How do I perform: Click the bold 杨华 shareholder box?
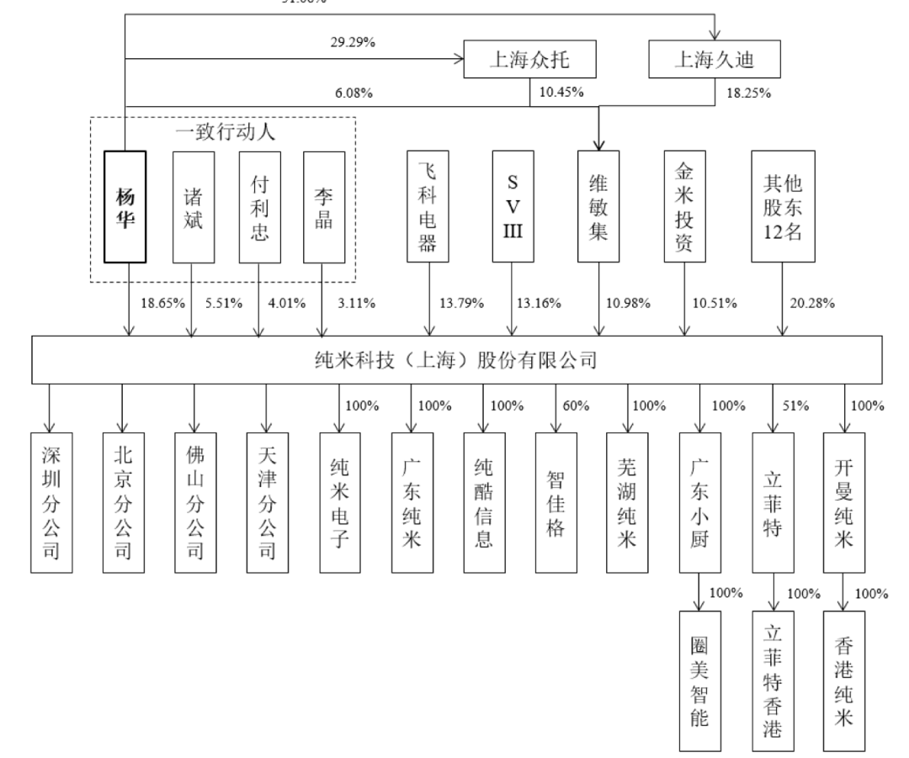pos(125,207)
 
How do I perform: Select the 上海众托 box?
pos(530,60)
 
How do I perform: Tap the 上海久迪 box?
pos(714,60)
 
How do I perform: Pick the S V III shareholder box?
pos(513,207)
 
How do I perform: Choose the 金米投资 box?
pos(683,207)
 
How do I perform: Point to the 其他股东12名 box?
pos(784,207)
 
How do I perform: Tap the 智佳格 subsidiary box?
pos(556,502)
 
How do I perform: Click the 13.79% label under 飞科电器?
pos(462,304)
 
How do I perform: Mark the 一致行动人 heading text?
pos(225,132)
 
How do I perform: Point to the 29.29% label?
pos(350,40)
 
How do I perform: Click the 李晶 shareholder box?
pos(324,207)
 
